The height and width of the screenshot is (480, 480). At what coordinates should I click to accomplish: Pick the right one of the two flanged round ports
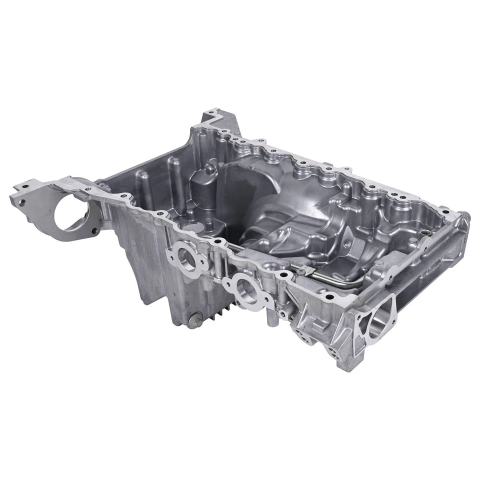tap(246, 288)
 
